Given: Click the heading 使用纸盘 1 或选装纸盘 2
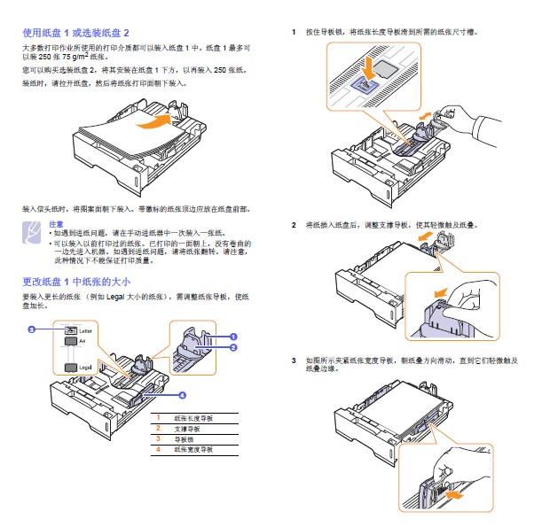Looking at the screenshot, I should click(81, 32).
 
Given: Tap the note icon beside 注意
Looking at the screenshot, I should click(31, 233).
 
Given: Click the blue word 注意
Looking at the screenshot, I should click(56, 224).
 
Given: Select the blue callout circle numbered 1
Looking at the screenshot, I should click(233, 337).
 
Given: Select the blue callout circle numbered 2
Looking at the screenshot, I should click(233, 348).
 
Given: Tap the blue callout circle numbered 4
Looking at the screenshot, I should click(182, 394).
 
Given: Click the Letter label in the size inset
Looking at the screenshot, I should click(86, 330).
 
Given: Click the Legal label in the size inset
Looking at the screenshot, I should click(86, 366).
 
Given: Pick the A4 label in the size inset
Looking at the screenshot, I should click(83, 340).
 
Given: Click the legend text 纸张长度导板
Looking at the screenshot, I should click(192, 417).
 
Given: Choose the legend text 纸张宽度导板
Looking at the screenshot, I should click(192, 449).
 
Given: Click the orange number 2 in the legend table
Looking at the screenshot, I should click(158, 428).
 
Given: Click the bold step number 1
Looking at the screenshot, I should click(294, 32).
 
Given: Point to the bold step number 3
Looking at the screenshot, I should click(294, 360).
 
